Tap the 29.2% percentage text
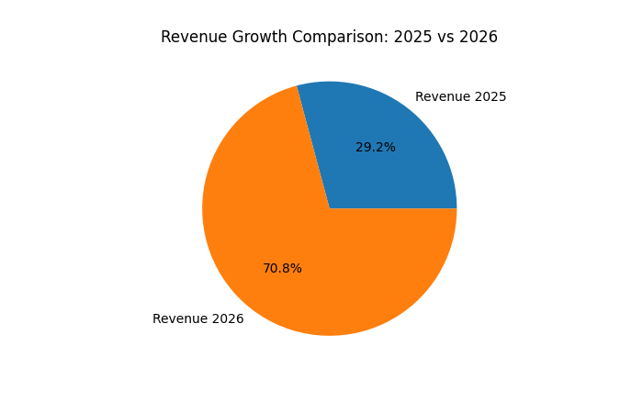375,147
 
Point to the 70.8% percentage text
282,268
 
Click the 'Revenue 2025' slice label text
460,96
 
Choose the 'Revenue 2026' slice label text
197,318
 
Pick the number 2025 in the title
405,38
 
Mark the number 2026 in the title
478,38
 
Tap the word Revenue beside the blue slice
444,96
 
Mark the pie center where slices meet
330,208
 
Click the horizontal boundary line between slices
395,208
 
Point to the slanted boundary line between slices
313,147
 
